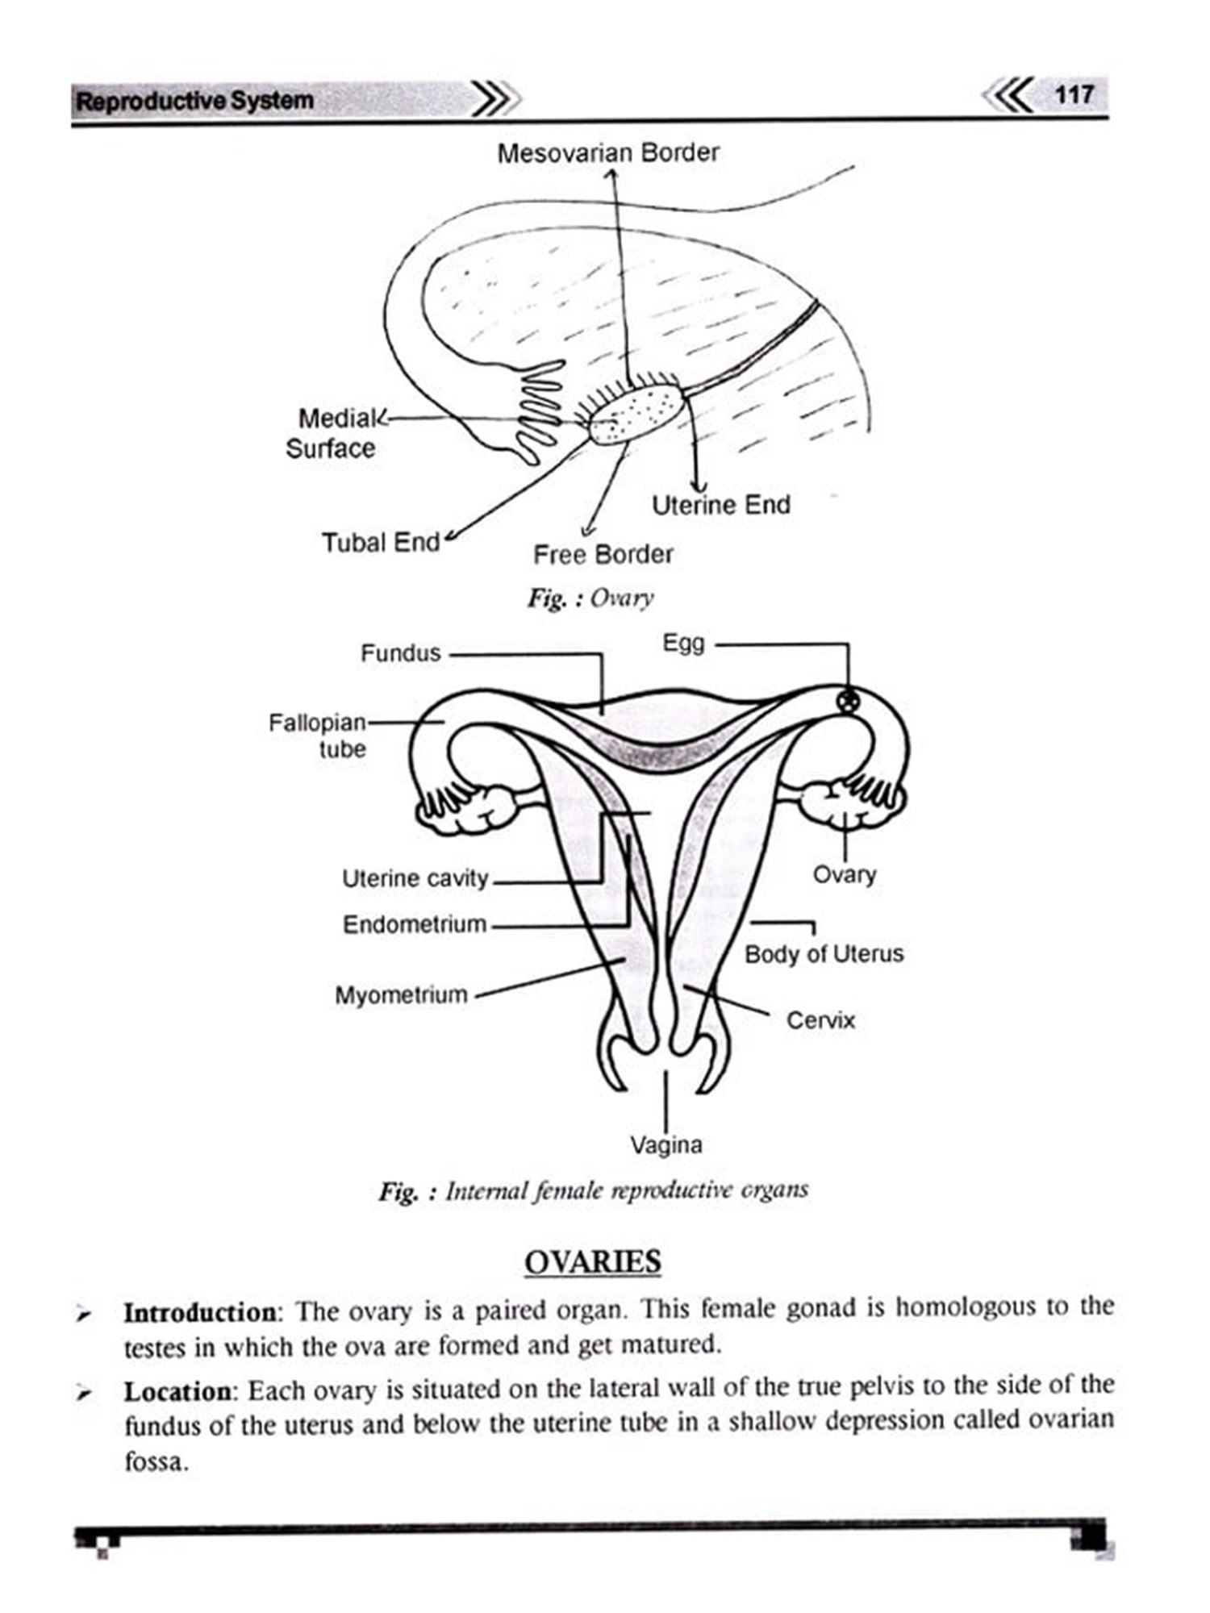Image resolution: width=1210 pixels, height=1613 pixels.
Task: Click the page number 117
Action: click(1074, 95)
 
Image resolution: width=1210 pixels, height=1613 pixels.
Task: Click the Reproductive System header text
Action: click(194, 102)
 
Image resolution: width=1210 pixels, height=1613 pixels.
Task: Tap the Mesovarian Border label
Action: click(607, 152)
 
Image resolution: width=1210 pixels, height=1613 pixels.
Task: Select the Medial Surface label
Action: click(332, 433)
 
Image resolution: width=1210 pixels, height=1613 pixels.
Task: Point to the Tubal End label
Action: click(381, 542)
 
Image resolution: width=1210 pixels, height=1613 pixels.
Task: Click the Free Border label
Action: click(603, 554)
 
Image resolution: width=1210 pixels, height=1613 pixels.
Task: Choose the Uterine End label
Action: click(720, 505)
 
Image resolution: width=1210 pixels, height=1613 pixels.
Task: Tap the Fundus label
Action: click(401, 652)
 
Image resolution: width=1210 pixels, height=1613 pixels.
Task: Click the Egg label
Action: click(683, 643)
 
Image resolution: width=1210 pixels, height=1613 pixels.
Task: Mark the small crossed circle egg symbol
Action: click(845, 702)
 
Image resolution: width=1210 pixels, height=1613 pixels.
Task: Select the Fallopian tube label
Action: click(318, 735)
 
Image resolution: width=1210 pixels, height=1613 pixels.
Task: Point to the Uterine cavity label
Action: click(415, 877)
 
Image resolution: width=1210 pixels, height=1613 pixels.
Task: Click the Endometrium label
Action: click(415, 923)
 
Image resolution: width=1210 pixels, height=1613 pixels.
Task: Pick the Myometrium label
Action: click(401, 994)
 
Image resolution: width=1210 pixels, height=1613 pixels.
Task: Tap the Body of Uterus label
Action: click(824, 954)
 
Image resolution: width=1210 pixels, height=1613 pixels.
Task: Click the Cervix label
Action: click(820, 1020)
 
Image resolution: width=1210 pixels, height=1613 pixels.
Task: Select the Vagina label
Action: click(665, 1144)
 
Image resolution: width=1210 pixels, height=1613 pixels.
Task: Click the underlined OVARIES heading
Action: click(592, 1261)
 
